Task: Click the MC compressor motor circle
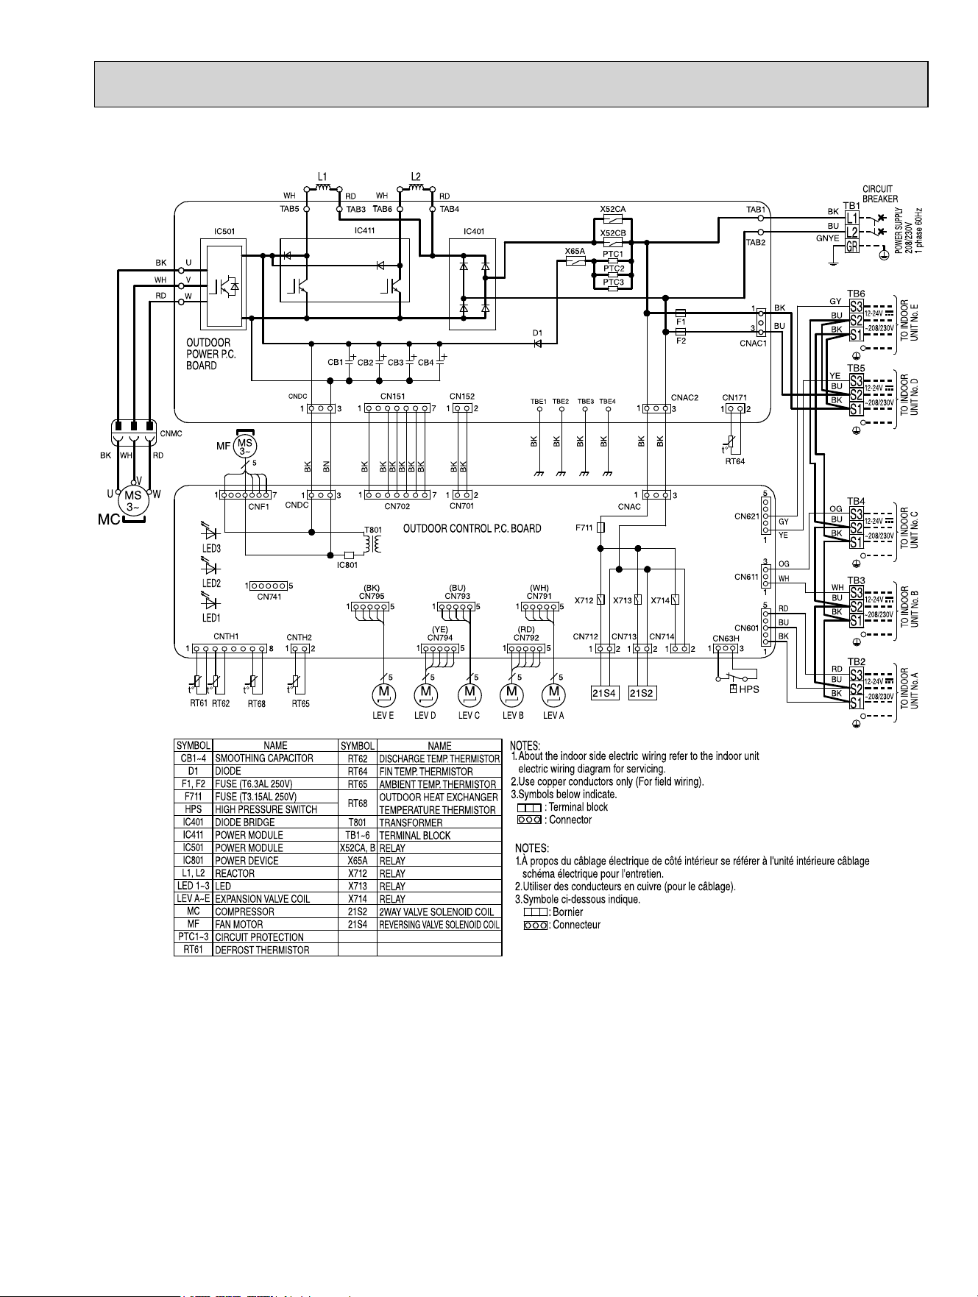pos(132,501)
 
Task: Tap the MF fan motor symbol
pos(245,446)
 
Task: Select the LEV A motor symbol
pos(553,694)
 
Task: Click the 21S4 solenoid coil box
pos(604,693)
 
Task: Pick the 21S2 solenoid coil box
pos(642,693)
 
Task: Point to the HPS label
pos(748,689)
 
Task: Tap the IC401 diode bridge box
pos(473,283)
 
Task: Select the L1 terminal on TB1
pos(852,218)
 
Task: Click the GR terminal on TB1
pos(852,246)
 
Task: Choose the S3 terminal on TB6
pos(856,306)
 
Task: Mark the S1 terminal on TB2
pos(856,703)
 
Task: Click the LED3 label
pos(211,549)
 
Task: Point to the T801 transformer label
pos(373,530)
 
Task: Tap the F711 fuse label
pos(584,527)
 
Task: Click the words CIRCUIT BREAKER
pos(880,194)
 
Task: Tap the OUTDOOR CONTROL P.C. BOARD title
pos(472,528)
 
